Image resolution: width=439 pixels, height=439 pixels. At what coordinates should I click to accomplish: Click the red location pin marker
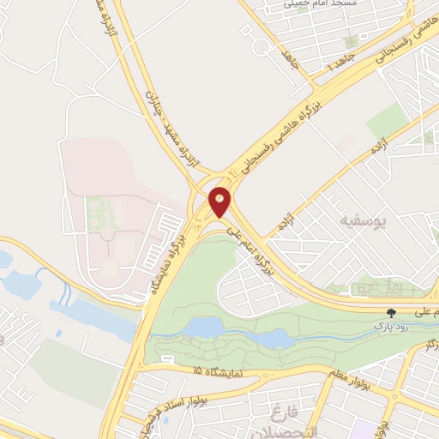tap(220, 201)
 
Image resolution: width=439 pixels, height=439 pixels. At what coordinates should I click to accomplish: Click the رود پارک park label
tap(390, 327)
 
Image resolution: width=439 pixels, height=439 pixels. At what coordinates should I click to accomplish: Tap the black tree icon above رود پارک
tap(392, 313)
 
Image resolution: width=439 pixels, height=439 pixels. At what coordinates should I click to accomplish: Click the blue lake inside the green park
tap(206, 327)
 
